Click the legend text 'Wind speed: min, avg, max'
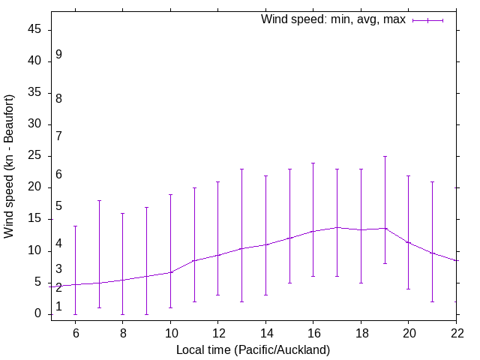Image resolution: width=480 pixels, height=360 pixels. (x=333, y=19)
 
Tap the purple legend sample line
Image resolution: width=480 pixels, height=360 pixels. (x=427, y=20)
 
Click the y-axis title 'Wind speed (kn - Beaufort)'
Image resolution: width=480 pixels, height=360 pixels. (x=10, y=166)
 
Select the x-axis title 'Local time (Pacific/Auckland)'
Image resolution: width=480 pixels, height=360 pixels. (x=253, y=350)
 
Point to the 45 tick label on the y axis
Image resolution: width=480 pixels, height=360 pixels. (x=36, y=30)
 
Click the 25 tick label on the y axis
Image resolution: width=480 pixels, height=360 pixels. (x=36, y=157)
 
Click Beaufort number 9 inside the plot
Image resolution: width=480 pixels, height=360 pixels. (x=58, y=55)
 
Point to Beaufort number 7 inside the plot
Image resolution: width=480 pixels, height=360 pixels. (x=58, y=136)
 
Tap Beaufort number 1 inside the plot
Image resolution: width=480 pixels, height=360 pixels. (x=58, y=307)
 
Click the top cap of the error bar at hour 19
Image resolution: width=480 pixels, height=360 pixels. (x=385, y=157)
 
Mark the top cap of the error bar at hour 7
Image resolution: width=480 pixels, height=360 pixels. (x=99, y=201)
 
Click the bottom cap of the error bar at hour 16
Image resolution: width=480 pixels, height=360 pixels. (x=313, y=276)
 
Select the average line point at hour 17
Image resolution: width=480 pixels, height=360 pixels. (x=337, y=227)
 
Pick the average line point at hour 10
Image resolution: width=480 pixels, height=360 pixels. (x=170, y=272)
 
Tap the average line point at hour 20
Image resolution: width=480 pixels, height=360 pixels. (x=409, y=242)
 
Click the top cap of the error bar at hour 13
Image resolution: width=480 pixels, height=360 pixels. (x=241, y=169)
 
